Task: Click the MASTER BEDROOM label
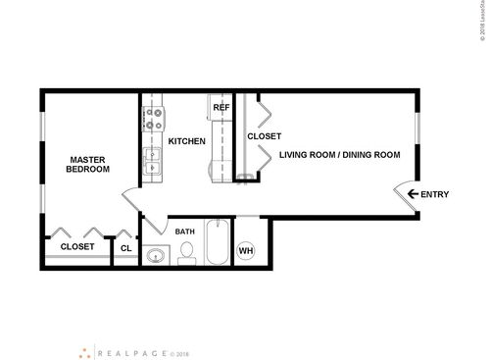click(87, 164)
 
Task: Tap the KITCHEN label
click(186, 141)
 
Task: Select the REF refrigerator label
click(221, 107)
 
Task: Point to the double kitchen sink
click(152, 162)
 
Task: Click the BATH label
click(185, 231)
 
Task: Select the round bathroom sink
click(155, 256)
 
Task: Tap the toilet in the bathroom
click(185, 253)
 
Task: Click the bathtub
click(218, 245)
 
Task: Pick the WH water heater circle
click(246, 249)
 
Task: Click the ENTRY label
click(434, 194)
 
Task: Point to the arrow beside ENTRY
click(413, 194)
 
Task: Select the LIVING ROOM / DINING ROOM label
click(340, 155)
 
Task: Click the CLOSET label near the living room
click(264, 136)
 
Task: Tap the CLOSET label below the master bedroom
click(77, 247)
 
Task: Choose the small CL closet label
click(126, 248)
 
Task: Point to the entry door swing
click(406, 196)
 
